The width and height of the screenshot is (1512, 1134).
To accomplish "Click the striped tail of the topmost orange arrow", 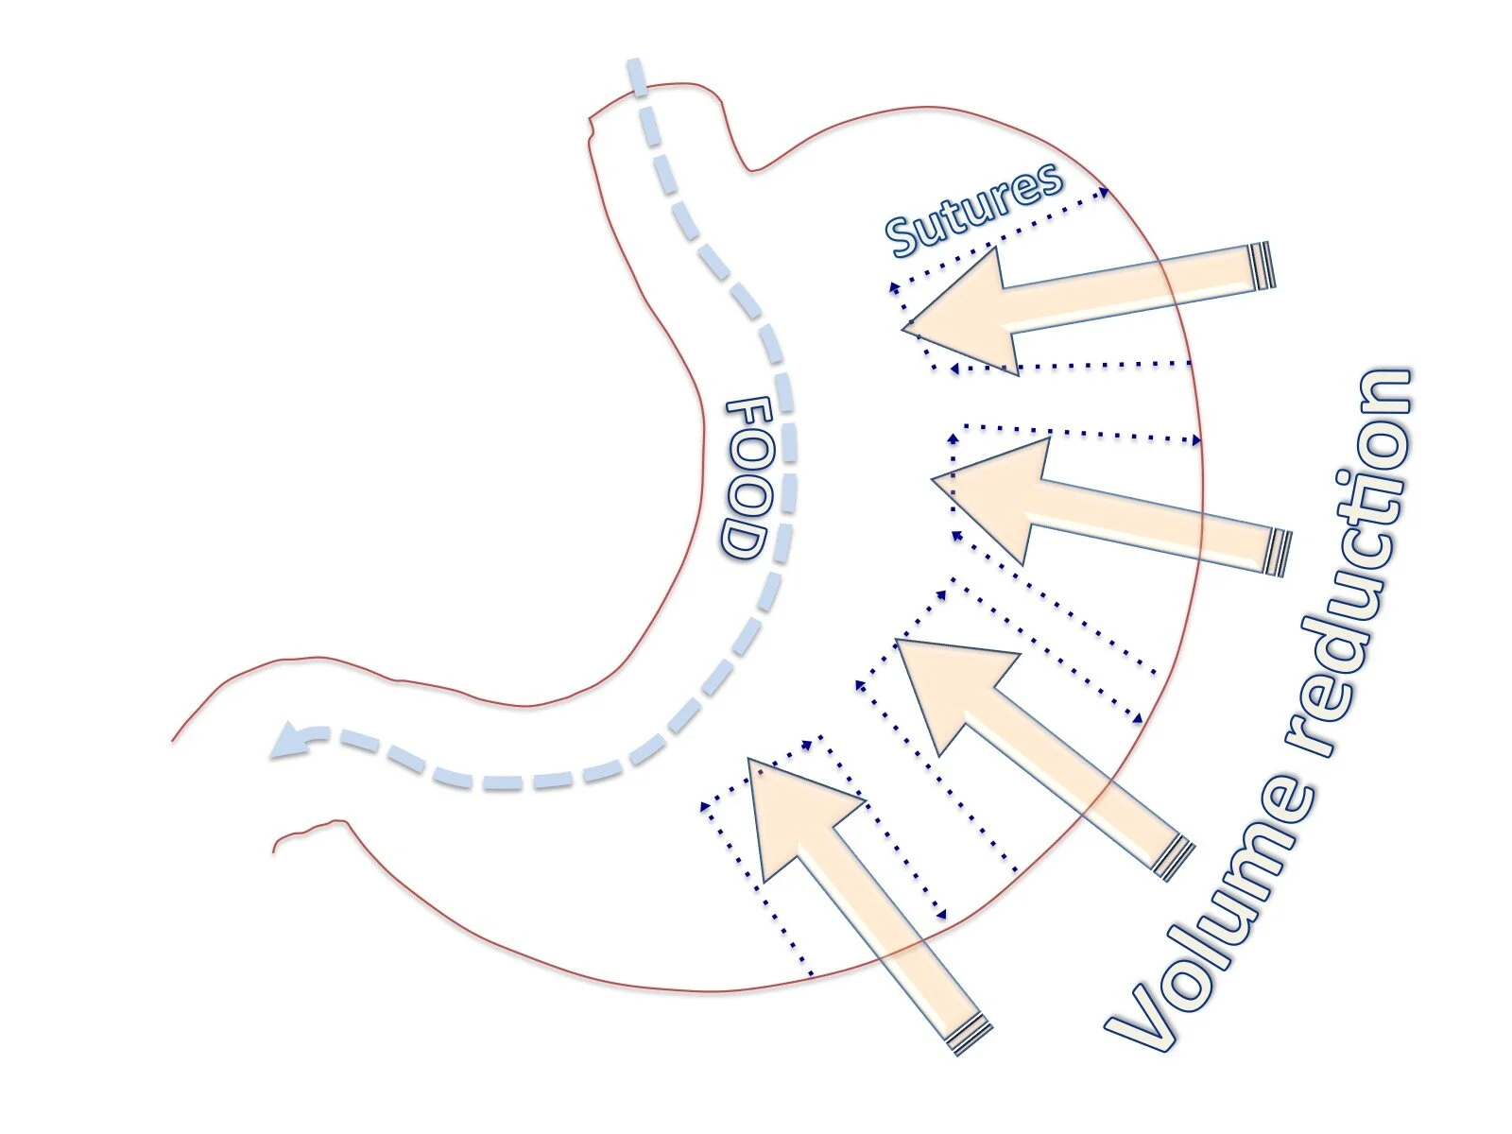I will click(x=1262, y=266).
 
